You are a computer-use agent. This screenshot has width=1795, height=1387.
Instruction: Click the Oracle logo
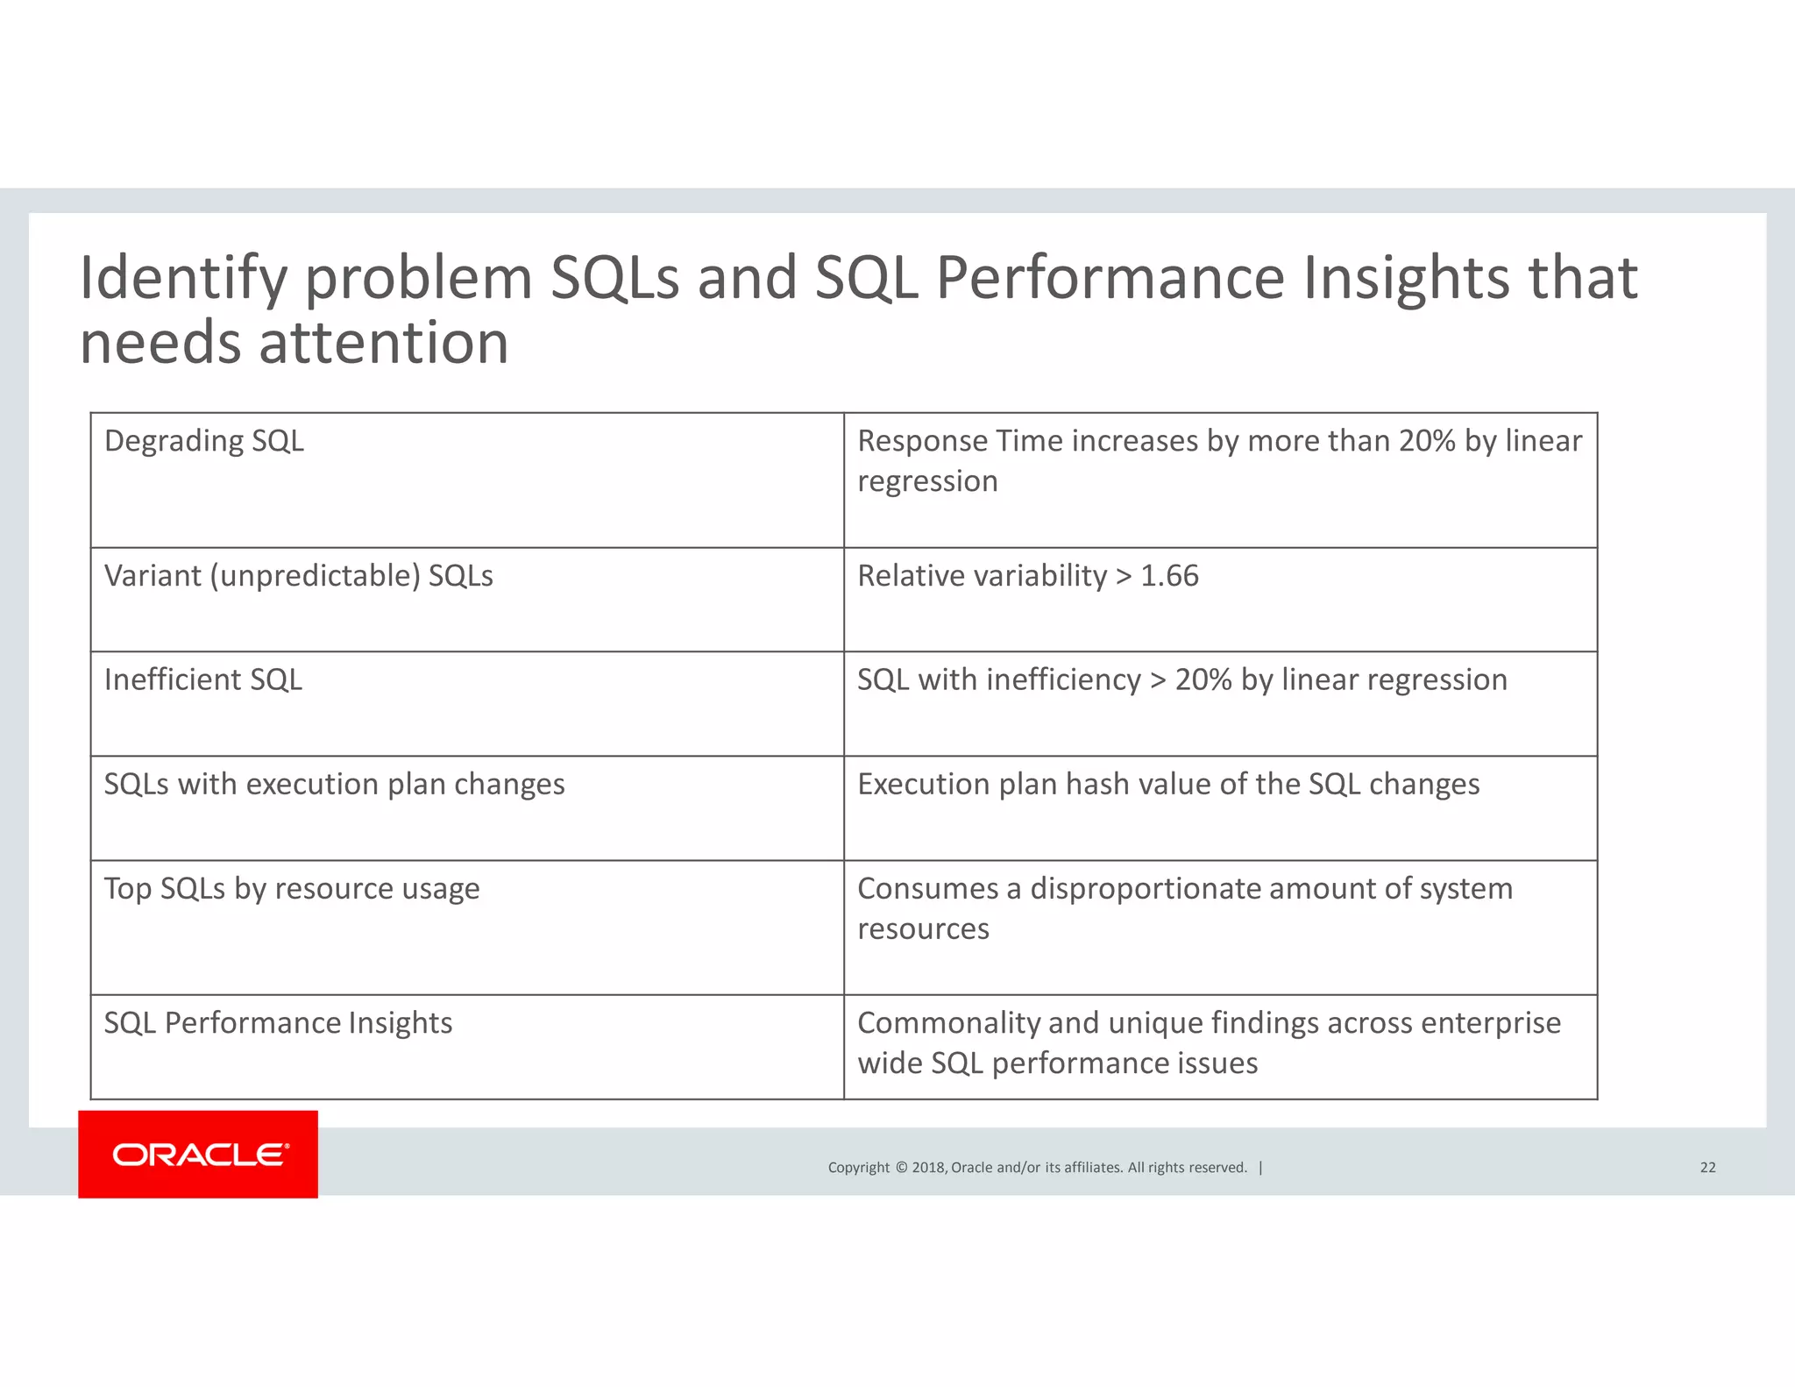[x=198, y=1154]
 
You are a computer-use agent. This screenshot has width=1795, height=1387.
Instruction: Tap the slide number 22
[x=1707, y=1167]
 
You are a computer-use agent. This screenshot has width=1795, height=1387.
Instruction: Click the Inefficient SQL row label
[x=203, y=679]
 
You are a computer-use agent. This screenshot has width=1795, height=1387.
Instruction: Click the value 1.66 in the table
[x=1169, y=576]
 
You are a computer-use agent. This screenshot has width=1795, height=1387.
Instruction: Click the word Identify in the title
[x=183, y=279]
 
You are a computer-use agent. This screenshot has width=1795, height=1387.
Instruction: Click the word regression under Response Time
[x=927, y=481]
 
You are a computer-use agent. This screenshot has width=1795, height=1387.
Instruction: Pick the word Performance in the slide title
[x=1110, y=279]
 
